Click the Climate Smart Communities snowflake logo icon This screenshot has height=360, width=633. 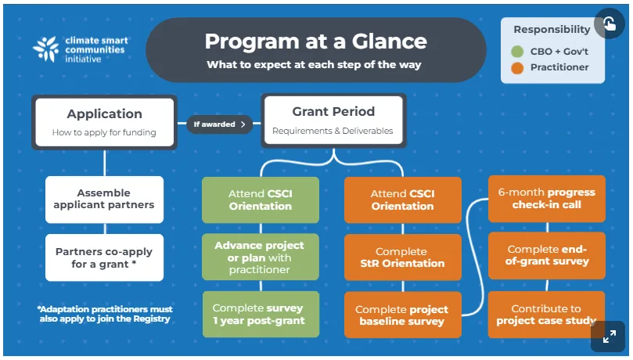(x=46, y=49)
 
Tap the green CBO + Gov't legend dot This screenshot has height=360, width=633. (x=517, y=52)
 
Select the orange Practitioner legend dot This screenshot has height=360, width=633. (x=517, y=68)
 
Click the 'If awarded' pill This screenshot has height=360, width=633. (x=219, y=124)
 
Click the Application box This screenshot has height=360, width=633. (x=105, y=122)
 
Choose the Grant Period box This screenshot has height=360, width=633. (x=333, y=121)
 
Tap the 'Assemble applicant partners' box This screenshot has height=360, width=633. (x=104, y=200)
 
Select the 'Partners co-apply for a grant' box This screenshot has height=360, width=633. (x=104, y=257)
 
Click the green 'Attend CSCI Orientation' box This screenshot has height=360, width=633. (x=261, y=200)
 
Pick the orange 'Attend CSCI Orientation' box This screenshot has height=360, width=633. (x=402, y=200)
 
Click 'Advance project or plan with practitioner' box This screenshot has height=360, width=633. (x=261, y=257)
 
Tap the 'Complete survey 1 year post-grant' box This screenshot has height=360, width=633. (x=261, y=314)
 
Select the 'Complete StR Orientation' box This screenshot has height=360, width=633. (x=402, y=257)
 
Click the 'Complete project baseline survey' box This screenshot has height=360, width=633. (x=402, y=315)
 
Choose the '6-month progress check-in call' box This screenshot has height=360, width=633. (x=547, y=199)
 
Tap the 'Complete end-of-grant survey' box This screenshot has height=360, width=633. (x=547, y=255)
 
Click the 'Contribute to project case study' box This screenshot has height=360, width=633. (x=547, y=315)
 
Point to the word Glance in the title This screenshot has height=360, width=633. (x=389, y=41)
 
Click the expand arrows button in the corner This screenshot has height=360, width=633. (x=610, y=337)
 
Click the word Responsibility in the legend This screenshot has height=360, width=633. (x=552, y=30)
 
